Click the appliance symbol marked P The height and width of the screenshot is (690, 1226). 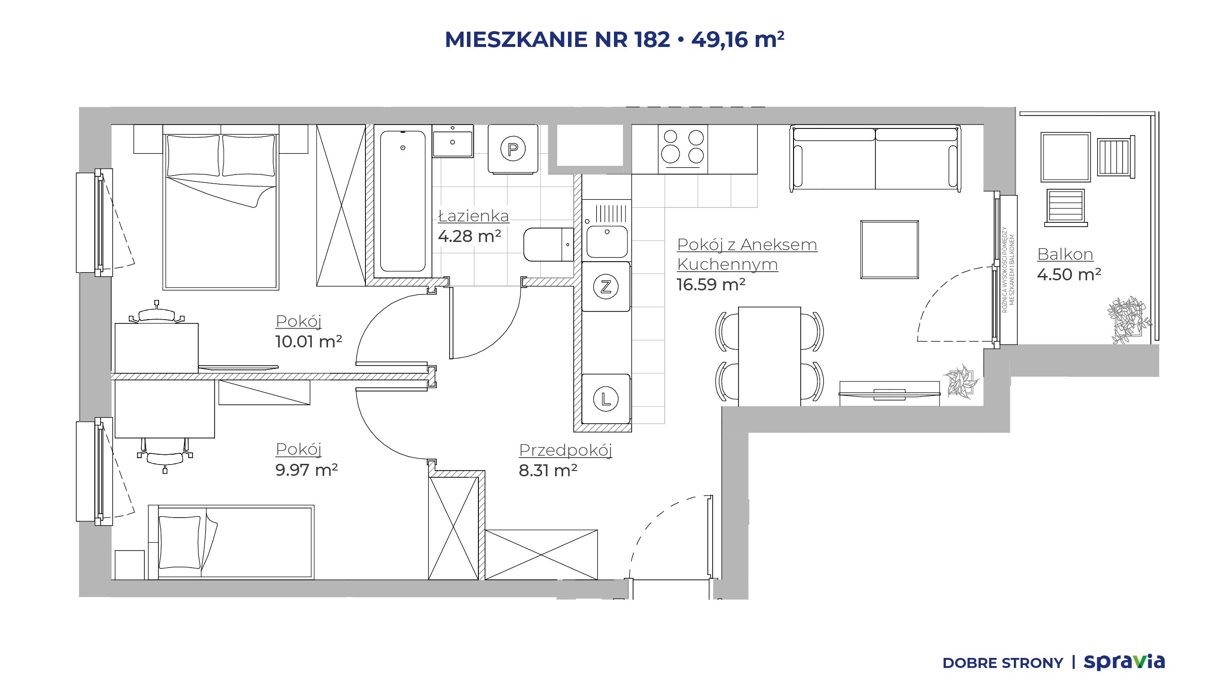pyautogui.click(x=513, y=149)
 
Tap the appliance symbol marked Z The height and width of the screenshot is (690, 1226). pyautogui.click(x=606, y=287)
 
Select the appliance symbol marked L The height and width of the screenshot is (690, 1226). pyautogui.click(x=606, y=399)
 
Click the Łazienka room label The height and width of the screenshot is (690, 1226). pyautogui.click(x=474, y=216)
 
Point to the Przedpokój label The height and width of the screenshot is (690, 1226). pyautogui.click(x=566, y=450)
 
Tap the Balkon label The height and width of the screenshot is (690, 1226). pyautogui.click(x=1065, y=254)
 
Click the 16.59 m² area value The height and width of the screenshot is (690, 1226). pyautogui.click(x=711, y=285)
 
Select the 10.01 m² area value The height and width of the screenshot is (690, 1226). pyautogui.click(x=308, y=342)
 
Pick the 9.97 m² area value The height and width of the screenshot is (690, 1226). pyautogui.click(x=306, y=470)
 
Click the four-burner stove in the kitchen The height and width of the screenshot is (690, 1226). pyautogui.click(x=683, y=149)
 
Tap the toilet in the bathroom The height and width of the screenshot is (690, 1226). pyautogui.click(x=549, y=244)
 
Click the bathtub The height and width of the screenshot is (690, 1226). pyautogui.click(x=403, y=201)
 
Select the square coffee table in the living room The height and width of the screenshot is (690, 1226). pyautogui.click(x=889, y=250)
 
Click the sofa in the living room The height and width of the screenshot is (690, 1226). pyautogui.click(x=875, y=158)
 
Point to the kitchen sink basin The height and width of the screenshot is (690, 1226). pyautogui.click(x=607, y=241)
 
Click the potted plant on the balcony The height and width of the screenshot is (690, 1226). pyautogui.click(x=1128, y=320)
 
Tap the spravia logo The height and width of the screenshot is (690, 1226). pyautogui.click(x=1124, y=662)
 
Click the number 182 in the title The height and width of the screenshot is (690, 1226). pyautogui.click(x=652, y=39)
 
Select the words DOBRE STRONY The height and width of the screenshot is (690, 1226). pyautogui.click(x=1002, y=663)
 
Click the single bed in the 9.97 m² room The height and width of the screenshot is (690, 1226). pyautogui.click(x=231, y=542)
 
